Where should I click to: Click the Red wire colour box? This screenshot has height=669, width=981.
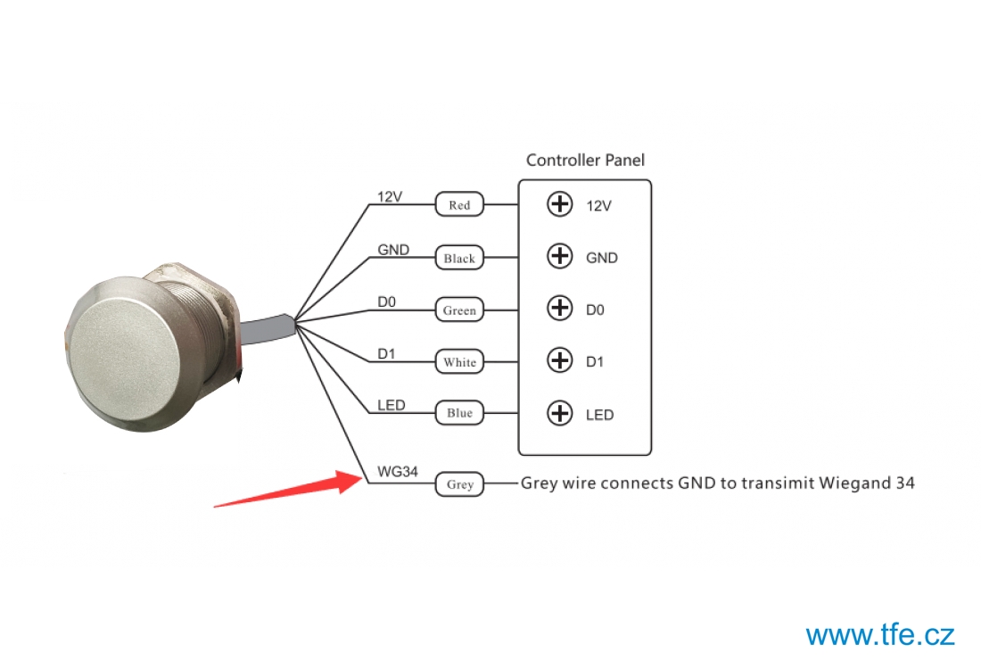pyautogui.click(x=459, y=204)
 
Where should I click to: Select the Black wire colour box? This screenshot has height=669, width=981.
pyautogui.click(x=459, y=258)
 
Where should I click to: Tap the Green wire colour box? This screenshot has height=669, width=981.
pyautogui.click(x=459, y=310)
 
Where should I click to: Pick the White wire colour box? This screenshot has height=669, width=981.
pyautogui.click(x=459, y=362)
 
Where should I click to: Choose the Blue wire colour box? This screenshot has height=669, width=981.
pyautogui.click(x=459, y=413)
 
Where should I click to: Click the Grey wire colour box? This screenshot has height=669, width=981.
pyautogui.click(x=459, y=484)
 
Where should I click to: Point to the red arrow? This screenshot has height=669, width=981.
pyautogui.click(x=288, y=490)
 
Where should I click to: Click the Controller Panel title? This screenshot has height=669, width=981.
pyautogui.click(x=585, y=161)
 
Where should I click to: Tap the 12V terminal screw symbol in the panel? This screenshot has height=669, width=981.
pyautogui.click(x=560, y=204)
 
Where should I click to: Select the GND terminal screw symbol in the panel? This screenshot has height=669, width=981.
pyautogui.click(x=560, y=256)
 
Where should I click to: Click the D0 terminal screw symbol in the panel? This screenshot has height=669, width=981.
pyautogui.click(x=560, y=308)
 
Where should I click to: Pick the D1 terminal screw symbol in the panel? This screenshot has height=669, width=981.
pyautogui.click(x=560, y=360)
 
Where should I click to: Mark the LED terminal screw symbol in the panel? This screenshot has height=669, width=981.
pyautogui.click(x=560, y=413)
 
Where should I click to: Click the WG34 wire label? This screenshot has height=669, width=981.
pyautogui.click(x=397, y=471)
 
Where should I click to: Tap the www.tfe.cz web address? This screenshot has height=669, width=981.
pyautogui.click(x=880, y=635)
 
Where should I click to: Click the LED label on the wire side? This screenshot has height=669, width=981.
pyautogui.click(x=391, y=406)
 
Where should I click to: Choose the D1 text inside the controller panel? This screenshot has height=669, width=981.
pyautogui.click(x=594, y=362)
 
